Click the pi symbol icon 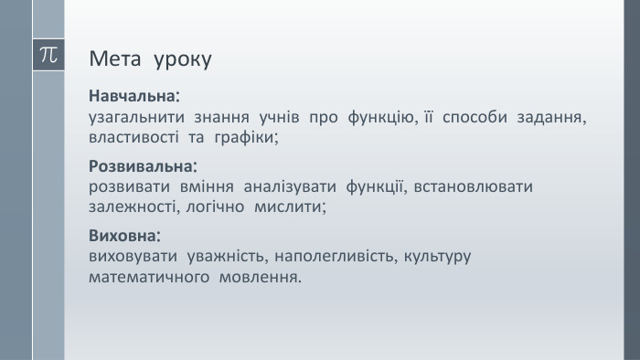pyautogui.click(x=48, y=54)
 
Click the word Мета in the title pyautogui.click(x=113, y=60)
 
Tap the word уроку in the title pyautogui.click(x=183, y=61)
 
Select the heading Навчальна pyautogui.click(x=133, y=96)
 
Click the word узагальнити pyautogui.click(x=134, y=117)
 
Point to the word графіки pyautogui.click(x=244, y=137)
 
